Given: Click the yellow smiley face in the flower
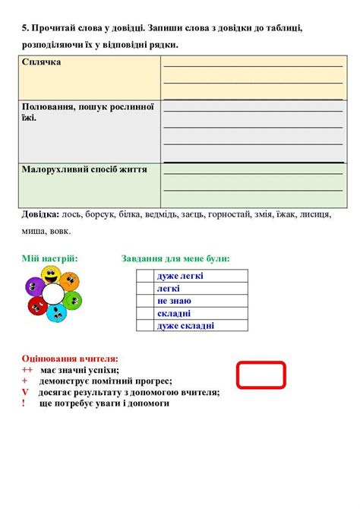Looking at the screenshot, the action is point(52,273).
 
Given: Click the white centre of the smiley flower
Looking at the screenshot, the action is point(52,293).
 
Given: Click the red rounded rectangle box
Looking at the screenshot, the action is point(261,374).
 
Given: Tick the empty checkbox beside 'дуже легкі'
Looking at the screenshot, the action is point(145,276).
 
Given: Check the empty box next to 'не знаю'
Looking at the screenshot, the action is point(145,301).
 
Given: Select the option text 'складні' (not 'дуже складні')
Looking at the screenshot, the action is point(174,313).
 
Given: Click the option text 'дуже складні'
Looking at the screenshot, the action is point(185,326).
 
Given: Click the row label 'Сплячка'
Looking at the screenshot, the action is point(42,62).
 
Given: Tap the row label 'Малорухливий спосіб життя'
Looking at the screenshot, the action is point(84,167).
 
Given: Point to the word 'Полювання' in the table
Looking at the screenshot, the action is point(48,107).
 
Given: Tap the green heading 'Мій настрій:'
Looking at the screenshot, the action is point(49,259).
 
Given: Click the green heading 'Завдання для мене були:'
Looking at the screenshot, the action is point(175,259).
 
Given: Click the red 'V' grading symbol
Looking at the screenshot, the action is point(25,392).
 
